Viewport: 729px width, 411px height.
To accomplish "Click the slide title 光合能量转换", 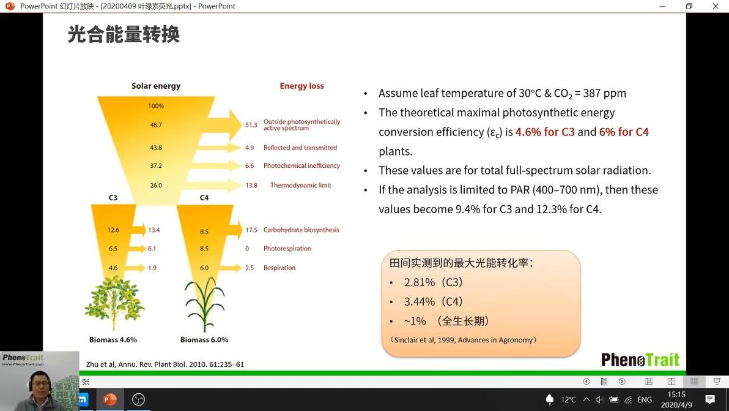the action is tap(124, 34).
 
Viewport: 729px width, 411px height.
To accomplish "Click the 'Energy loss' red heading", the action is tap(302, 86).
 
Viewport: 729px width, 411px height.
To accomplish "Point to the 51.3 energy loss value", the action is tap(251, 125).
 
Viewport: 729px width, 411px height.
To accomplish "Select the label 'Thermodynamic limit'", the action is tap(301, 185).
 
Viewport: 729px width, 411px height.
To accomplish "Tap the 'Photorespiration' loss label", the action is tap(287, 249).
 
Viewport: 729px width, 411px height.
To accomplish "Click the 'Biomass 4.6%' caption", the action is tap(113, 340).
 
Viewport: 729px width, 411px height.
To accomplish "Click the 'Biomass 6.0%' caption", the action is tap(204, 340).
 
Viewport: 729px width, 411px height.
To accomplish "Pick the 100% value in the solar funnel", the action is tap(156, 106).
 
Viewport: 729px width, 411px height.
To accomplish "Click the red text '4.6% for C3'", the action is tap(545, 132).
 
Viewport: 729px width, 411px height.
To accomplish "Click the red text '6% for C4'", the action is tap(624, 132).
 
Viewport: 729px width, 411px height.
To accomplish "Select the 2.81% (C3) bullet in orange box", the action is tap(434, 282).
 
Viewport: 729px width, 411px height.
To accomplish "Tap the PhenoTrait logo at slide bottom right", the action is tap(640, 360).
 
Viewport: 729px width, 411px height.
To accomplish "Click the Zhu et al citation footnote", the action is tap(165, 364).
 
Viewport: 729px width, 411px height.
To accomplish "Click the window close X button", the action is tap(716, 6).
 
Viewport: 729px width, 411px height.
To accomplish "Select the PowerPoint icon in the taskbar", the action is tap(109, 399).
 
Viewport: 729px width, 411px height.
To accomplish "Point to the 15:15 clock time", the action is tap(676, 394).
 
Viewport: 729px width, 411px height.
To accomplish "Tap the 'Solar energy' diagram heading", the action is tap(156, 86).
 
